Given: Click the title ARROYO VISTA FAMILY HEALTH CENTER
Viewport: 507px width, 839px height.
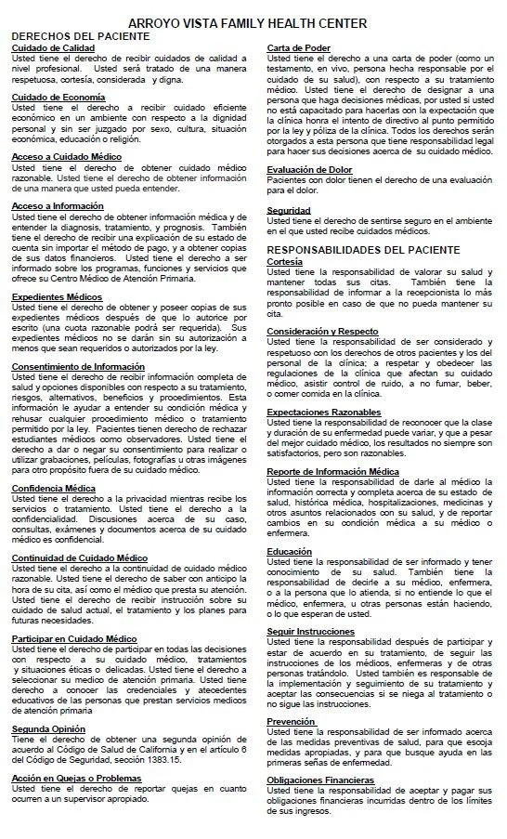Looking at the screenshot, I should [253, 22].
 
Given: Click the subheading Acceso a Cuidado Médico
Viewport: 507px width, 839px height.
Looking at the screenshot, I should [66, 156].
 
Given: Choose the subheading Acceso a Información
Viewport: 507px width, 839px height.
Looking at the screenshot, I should [58, 205].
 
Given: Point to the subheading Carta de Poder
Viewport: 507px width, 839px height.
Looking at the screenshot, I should [299, 47].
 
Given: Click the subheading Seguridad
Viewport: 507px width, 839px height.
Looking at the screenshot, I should [289, 210].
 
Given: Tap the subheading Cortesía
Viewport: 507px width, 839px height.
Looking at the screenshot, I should [285, 261].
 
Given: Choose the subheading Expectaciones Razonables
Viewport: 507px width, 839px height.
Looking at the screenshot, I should [324, 411].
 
